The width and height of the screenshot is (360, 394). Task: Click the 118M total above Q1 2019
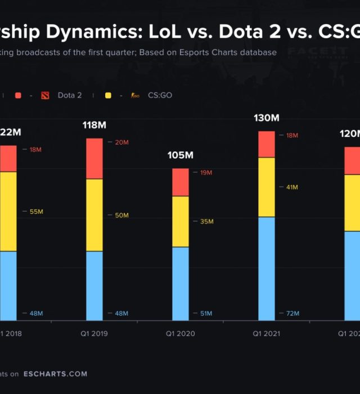point(94,125)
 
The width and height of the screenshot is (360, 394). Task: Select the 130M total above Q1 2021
point(267,118)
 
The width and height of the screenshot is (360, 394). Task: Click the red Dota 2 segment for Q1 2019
point(94,159)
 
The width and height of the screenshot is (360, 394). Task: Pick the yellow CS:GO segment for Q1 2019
point(94,215)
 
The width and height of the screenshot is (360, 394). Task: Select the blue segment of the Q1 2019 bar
point(94,286)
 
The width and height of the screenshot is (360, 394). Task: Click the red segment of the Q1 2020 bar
point(181,182)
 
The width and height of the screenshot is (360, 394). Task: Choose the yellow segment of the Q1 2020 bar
point(181,221)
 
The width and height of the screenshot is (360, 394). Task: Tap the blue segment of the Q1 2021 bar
point(267,269)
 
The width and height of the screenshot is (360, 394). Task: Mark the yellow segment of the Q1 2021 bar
point(267,187)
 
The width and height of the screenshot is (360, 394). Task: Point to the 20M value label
point(121,142)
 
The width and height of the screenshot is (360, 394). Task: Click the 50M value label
point(121,216)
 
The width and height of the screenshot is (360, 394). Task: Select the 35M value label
point(206,222)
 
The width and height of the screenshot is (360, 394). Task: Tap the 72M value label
point(292,314)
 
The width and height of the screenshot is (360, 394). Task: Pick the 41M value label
point(292,187)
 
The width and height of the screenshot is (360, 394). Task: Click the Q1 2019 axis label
point(94,334)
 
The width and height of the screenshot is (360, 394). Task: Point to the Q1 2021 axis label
point(266,334)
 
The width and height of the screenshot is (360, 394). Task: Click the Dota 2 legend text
point(69,96)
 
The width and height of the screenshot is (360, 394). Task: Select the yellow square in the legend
point(108,96)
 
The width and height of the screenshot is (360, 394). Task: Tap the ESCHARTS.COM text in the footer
point(55,374)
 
